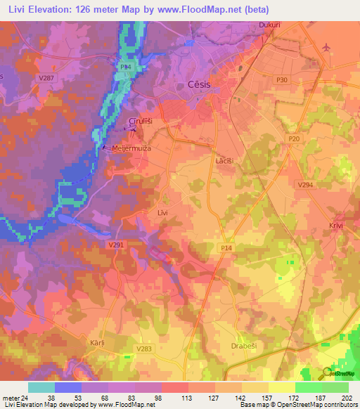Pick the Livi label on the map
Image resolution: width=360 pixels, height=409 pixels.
(162, 212)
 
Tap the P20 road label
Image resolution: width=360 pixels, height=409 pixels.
(293, 140)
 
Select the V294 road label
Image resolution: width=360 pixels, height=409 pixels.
(304, 185)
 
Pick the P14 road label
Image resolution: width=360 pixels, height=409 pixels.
(226, 249)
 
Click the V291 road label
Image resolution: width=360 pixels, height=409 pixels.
(116, 245)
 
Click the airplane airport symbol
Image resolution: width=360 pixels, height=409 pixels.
(325, 47)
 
